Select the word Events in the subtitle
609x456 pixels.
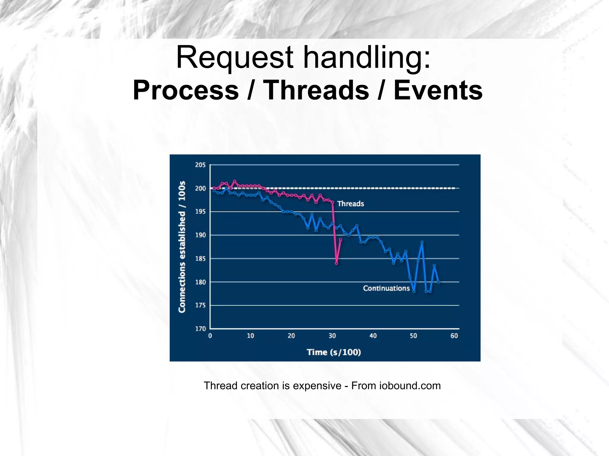point(438,90)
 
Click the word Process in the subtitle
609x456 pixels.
point(186,90)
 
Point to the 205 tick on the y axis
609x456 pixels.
point(200,165)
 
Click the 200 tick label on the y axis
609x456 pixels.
point(200,188)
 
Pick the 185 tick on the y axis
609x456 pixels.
point(200,259)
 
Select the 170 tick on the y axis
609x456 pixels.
point(200,329)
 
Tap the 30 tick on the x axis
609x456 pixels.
point(332,336)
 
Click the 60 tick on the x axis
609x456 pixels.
point(454,336)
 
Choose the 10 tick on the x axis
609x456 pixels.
point(250,336)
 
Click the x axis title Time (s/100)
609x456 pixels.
point(334,352)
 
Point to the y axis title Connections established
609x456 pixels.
point(182,247)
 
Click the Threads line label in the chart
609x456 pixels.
point(350,204)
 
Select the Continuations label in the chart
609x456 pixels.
point(386,288)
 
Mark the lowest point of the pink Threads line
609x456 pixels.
point(337,263)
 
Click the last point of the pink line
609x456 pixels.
point(340,239)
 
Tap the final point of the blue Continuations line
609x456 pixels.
point(438,282)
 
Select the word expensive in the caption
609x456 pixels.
point(317,386)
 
